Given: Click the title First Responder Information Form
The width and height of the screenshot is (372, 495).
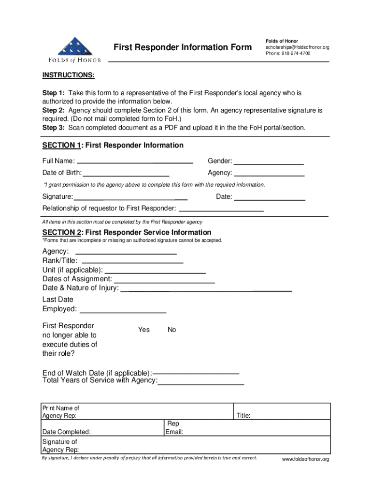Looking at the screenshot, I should point(182,47).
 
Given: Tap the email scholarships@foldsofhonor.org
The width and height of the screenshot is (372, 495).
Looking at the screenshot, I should point(297,47).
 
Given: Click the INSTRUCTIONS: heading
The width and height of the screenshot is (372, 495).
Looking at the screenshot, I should point(68,75).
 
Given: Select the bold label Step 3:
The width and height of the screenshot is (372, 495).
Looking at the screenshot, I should point(54,128).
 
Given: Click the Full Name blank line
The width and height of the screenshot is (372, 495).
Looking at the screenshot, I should point(135,161).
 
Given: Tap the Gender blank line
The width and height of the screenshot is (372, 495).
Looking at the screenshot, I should point(269,161).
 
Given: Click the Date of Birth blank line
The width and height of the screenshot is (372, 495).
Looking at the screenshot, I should point(127,173).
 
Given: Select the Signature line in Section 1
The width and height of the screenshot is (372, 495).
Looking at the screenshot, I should point(130,197).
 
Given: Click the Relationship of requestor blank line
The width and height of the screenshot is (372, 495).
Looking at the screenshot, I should point(221,208).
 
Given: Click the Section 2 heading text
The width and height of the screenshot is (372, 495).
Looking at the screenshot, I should point(127,233).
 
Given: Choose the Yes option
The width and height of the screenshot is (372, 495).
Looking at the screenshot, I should point(144,330).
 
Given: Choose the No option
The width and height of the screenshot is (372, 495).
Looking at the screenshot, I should point(172,330).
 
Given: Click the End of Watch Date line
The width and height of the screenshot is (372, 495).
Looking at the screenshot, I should point(196,373).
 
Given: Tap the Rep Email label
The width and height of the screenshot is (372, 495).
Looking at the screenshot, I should point(174,428).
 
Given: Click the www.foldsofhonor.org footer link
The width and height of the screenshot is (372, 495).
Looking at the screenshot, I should point(305,459).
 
